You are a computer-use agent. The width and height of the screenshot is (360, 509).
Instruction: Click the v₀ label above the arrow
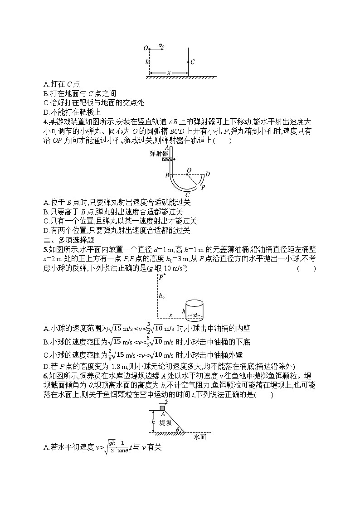pos(161,45)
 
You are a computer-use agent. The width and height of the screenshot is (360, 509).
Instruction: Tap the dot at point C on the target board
pos(188,62)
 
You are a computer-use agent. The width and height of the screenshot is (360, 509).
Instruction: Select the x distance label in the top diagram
pos(169,72)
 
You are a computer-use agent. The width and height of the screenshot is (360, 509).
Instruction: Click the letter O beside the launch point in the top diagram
pos(145,48)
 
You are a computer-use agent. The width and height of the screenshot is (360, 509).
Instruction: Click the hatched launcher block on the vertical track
pos(167,159)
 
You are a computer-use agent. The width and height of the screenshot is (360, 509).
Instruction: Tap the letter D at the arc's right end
pos(208,174)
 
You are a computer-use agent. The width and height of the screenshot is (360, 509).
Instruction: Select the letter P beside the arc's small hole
pos(203,187)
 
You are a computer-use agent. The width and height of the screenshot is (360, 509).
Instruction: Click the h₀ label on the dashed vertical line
pos(161,296)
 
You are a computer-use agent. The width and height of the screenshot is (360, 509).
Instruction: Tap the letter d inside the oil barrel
pos(195,315)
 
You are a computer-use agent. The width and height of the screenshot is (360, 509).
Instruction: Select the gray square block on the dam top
pos(162,408)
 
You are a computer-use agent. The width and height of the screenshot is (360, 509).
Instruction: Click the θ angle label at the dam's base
pos(178,430)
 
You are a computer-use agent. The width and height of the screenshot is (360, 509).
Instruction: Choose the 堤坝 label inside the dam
pos(166,422)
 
